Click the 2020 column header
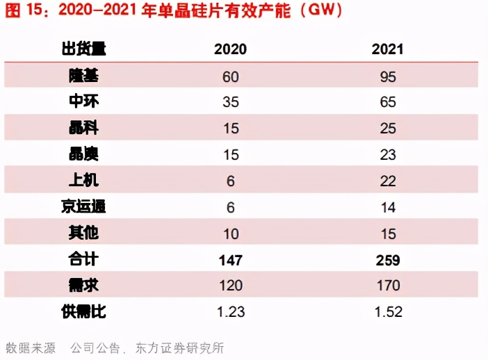click(x=230, y=49)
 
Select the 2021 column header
click(x=387, y=49)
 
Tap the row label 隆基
click(x=83, y=76)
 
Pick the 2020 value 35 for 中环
click(x=230, y=102)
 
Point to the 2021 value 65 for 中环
click(x=387, y=102)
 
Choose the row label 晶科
click(x=83, y=129)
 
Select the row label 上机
click(x=83, y=181)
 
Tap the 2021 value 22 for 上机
click(x=387, y=181)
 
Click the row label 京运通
click(x=83, y=207)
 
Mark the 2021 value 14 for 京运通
click(x=387, y=207)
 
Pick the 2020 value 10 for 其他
click(x=230, y=234)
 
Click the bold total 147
click(x=230, y=260)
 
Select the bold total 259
click(x=387, y=260)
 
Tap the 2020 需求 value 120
click(x=230, y=286)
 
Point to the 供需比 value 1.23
click(x=230, y=312)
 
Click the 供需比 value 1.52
click(x=387, y=312)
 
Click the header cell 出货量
click(x=83, y=49)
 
